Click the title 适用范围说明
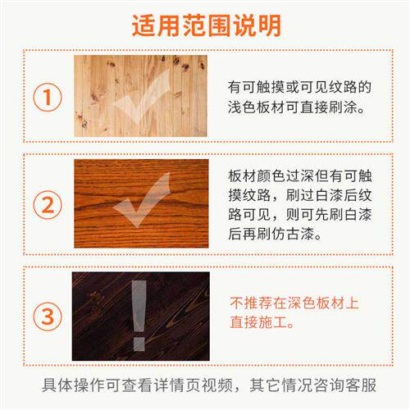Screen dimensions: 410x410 click(x=206, y=24)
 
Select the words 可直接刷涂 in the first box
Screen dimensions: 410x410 click(x=329, y=107)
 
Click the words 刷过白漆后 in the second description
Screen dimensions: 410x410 click(x=307, y=194)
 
